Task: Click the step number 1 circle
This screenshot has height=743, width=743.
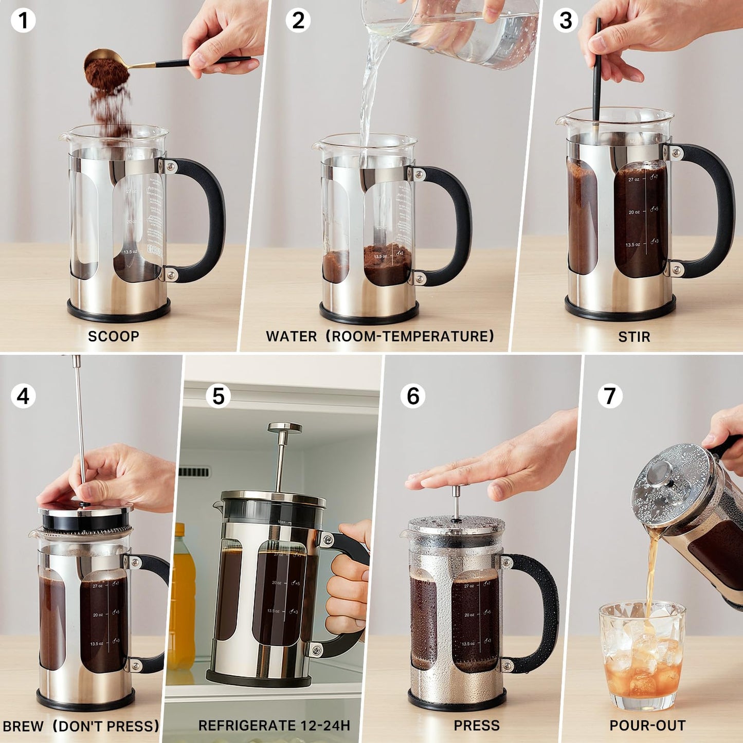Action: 23,21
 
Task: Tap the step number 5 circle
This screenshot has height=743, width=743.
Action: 218,396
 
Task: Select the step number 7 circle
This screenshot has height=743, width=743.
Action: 610,396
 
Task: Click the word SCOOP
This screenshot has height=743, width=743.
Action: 114,336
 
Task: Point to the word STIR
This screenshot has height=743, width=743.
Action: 634,337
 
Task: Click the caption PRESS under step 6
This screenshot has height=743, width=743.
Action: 477,726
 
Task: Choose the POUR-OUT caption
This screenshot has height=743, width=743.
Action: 647,726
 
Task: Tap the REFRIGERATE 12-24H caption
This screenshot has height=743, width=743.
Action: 274,726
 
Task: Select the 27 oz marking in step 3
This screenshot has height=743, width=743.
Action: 633,179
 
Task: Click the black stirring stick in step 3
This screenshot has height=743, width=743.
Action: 597,77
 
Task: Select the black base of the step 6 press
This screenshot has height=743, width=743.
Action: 457,700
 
